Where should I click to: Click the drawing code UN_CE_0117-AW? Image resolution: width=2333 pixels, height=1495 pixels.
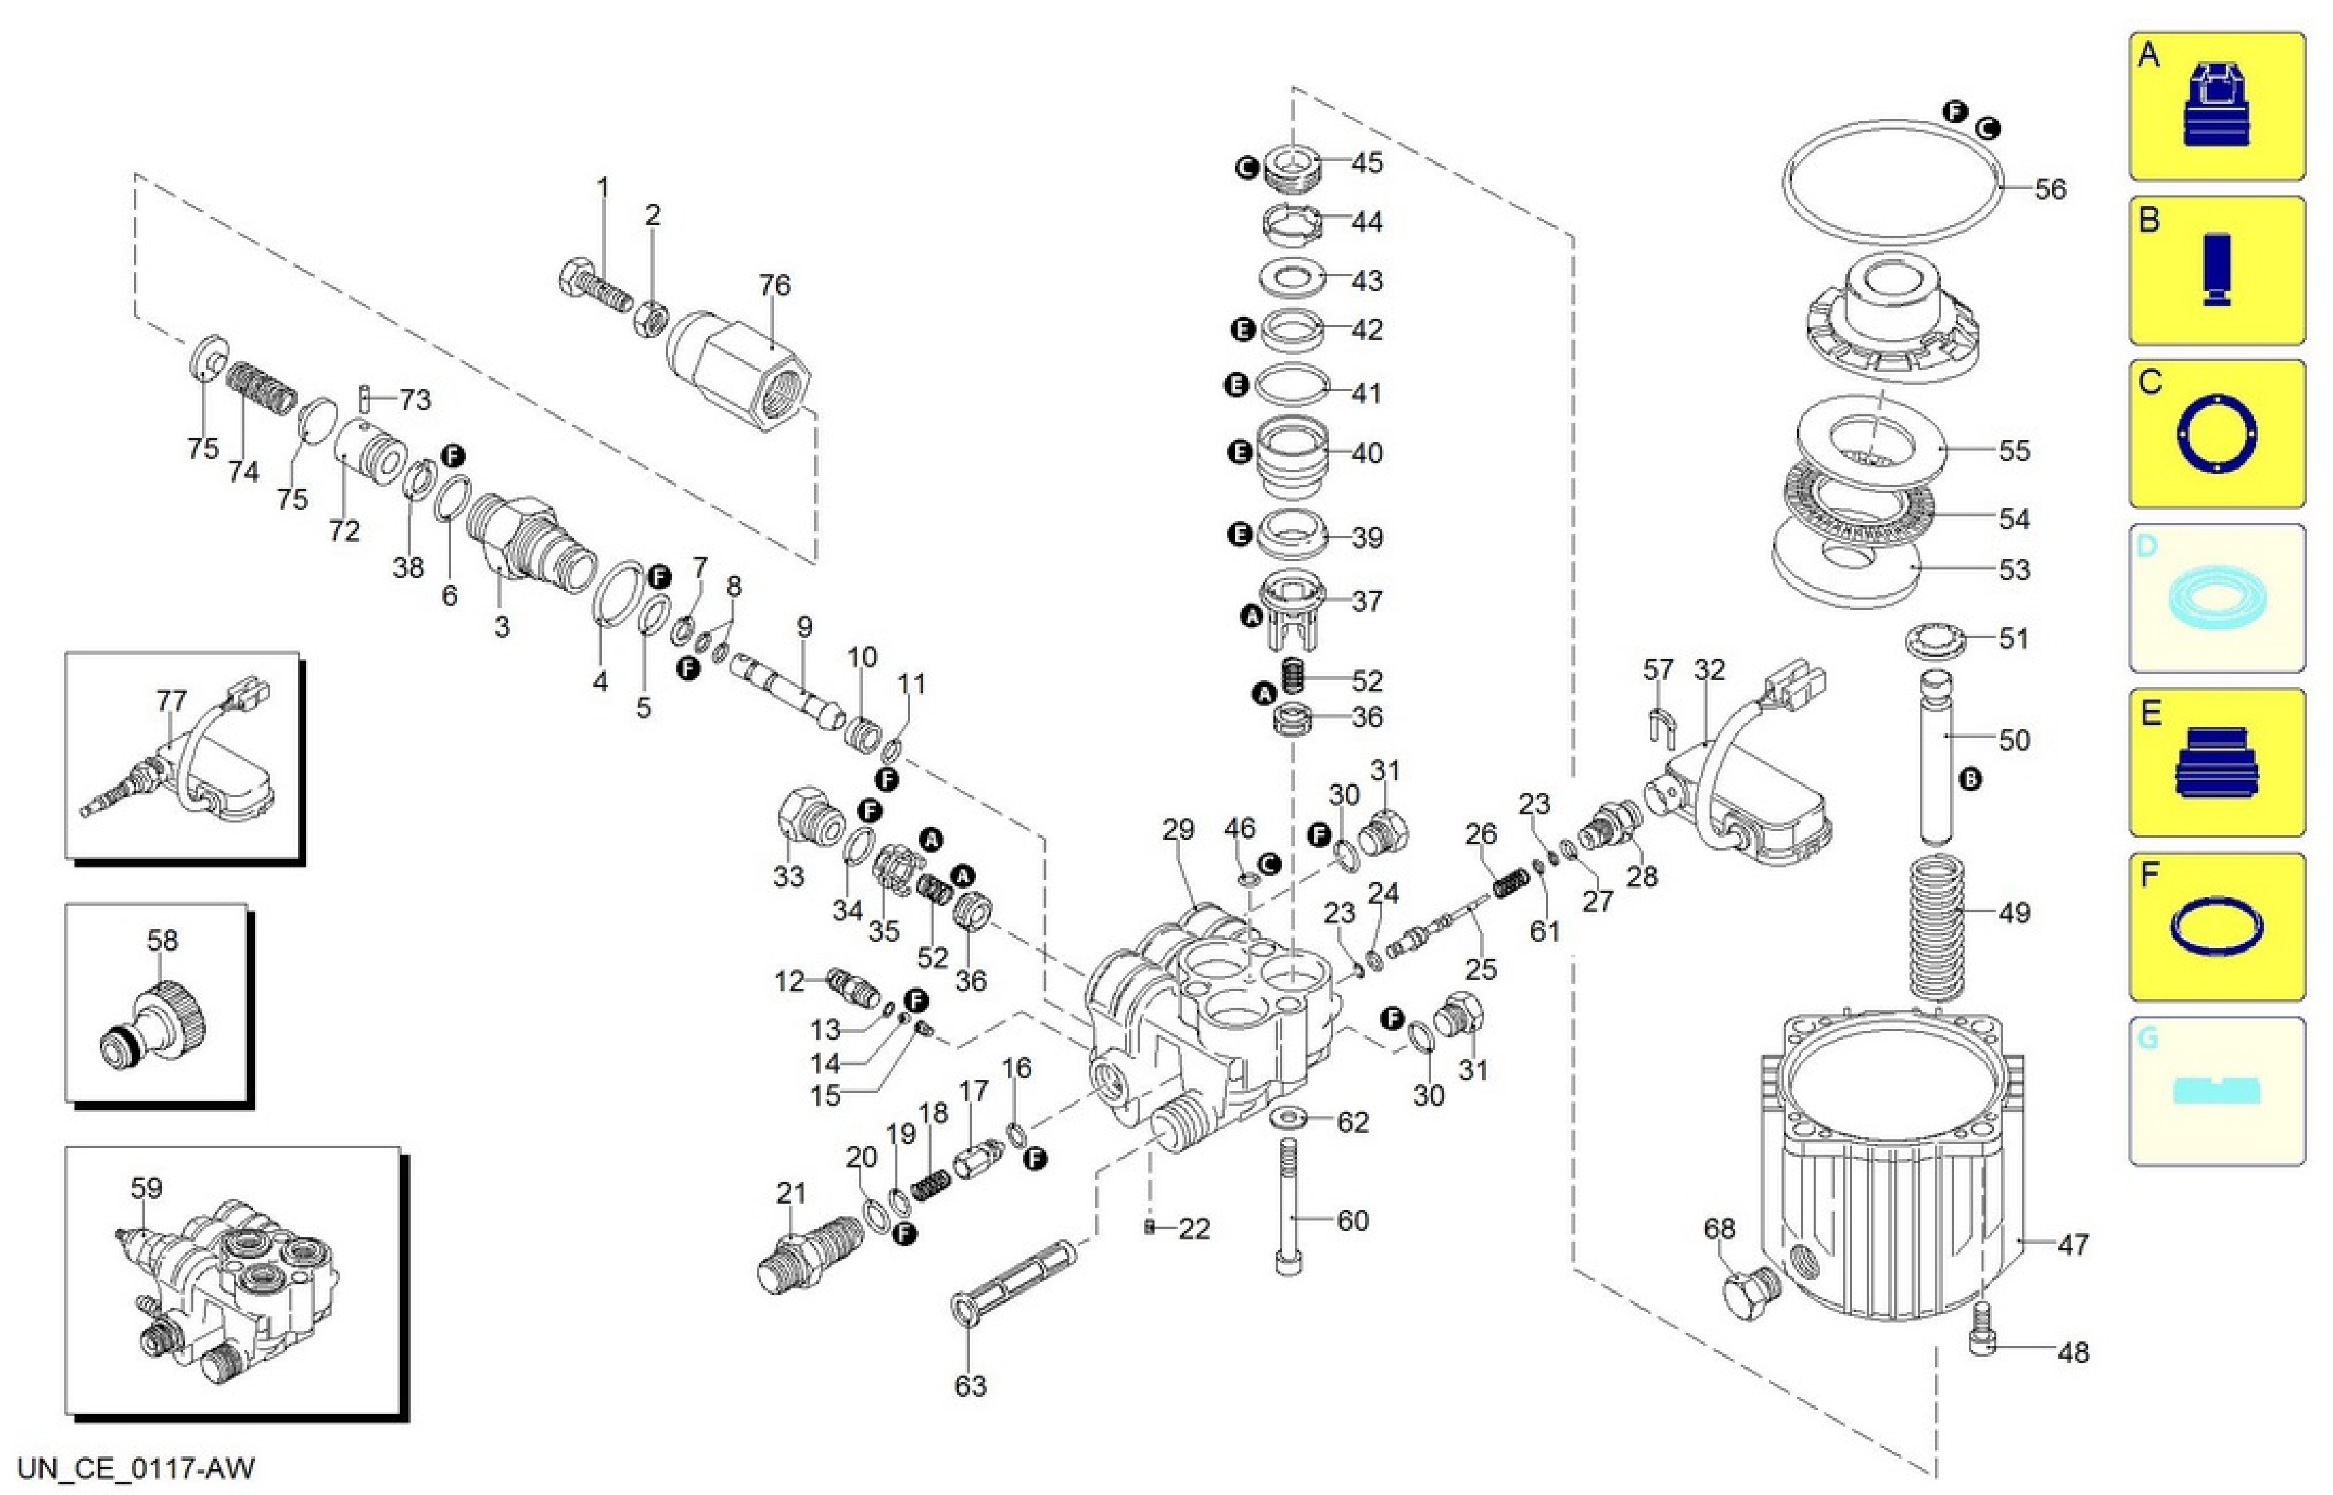136,1467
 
